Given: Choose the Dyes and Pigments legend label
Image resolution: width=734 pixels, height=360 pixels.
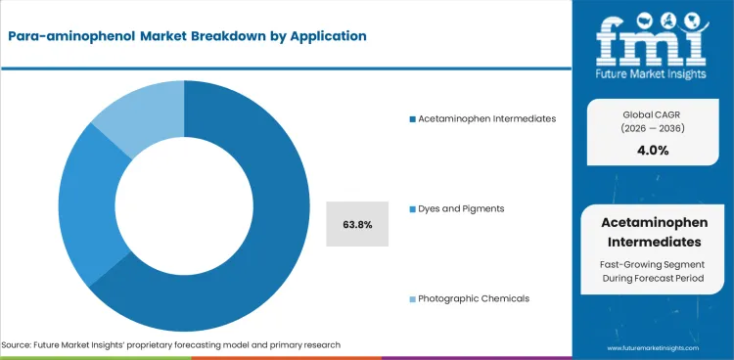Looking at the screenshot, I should click(x=461, y=208).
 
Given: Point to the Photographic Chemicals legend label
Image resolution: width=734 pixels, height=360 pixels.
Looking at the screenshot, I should click(x=474, y=298).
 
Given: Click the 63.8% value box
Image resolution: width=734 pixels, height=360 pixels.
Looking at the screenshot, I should click(x=357, y=224).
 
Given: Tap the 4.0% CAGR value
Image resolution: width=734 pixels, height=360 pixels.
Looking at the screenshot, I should click(x=648, y=151).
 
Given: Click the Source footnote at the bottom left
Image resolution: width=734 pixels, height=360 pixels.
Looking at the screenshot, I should click(x=171, y=345).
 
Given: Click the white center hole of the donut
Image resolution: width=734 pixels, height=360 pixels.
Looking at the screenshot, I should click(x=184, y=206).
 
